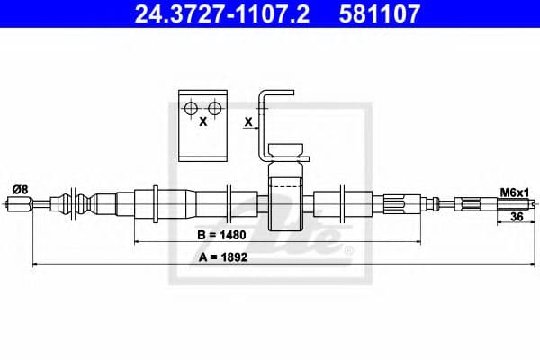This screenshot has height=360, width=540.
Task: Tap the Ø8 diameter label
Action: (19, 188)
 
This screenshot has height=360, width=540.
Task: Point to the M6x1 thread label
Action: (513, 191)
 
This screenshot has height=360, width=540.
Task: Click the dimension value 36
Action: (517, 217)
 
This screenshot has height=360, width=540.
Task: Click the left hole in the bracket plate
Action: (191, 109)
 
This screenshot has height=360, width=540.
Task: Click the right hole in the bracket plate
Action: (215, 109)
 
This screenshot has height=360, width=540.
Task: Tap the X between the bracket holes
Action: (203, 121)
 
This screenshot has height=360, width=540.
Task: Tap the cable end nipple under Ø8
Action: (20, 203)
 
